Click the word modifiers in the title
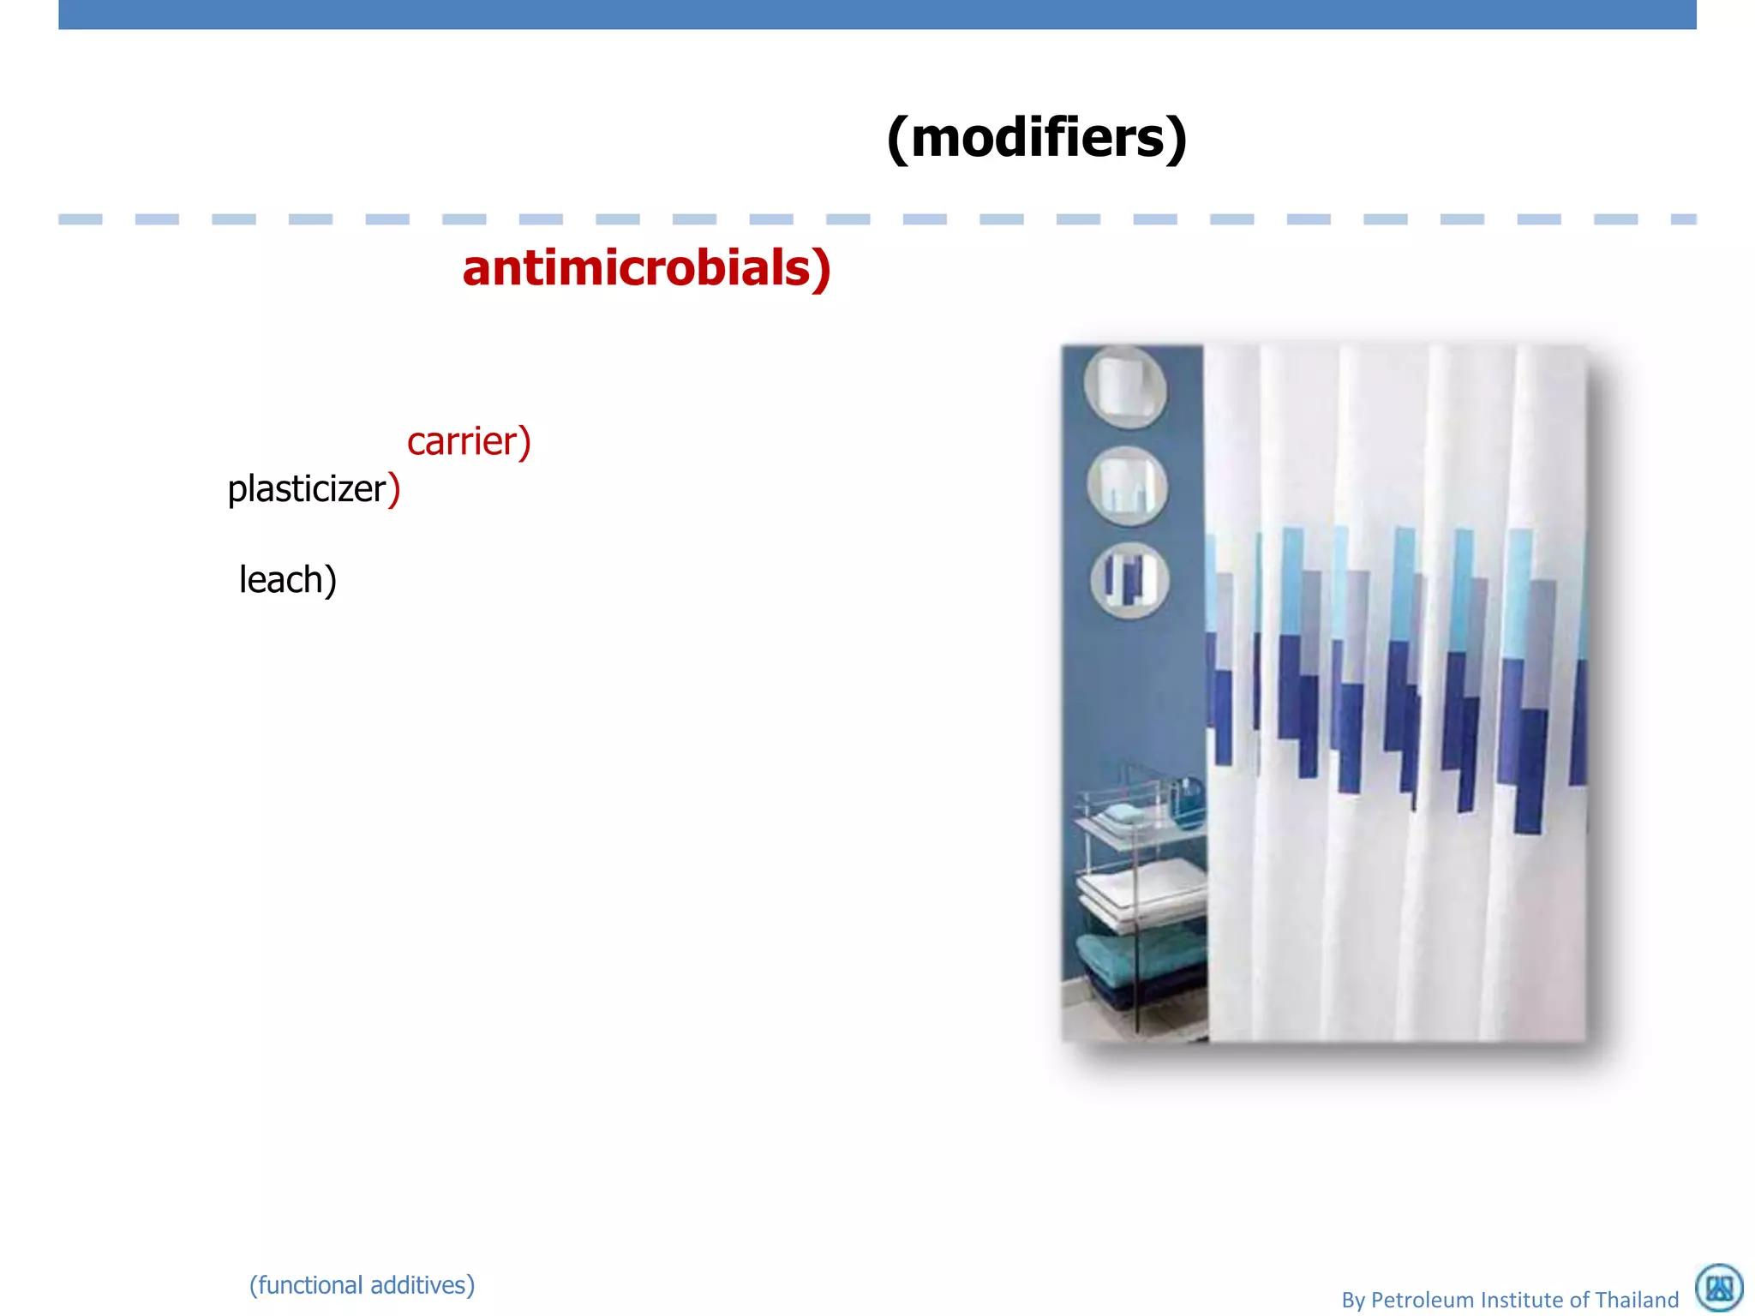pos(1036,139)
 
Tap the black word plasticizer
pos(306,489)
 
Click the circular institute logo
pos(1719,1287)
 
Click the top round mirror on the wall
pos(1124,386)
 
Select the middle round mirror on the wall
pos(1127,486)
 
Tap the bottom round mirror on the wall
pos(1129,580)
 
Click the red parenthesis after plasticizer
pos(394,489)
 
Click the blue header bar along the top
pos(877,15)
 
